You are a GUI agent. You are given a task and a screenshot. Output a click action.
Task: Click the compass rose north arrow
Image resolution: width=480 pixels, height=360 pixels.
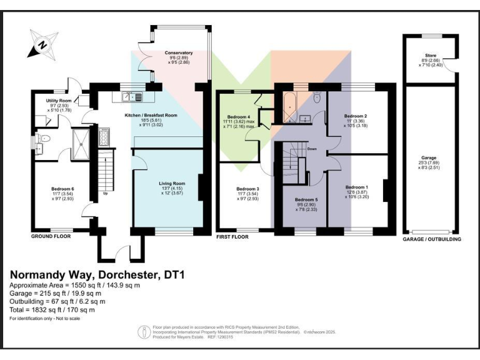[42, 44]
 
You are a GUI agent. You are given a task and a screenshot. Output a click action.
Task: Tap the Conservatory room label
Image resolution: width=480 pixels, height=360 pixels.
[179, 53]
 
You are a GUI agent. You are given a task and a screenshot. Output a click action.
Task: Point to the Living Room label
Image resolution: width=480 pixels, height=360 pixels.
[168, 183]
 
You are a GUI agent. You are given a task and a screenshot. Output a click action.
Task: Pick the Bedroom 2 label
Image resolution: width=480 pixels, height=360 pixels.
[355, 116]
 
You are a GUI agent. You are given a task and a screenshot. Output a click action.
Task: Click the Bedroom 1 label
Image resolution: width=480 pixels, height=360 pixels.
[356, 187]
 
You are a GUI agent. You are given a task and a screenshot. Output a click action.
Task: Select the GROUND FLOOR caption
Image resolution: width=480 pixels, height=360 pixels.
[51, 237]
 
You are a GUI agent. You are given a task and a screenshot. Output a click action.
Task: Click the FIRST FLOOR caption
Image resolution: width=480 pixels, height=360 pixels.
[232, 237]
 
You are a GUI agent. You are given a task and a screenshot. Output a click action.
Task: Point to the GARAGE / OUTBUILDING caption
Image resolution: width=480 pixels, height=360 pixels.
[432, 239]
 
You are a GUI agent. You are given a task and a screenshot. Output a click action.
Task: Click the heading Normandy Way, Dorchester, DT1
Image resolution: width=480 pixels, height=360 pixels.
[97, 274]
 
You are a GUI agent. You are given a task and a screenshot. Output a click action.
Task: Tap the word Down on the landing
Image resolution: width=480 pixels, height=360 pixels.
[311, 149]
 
